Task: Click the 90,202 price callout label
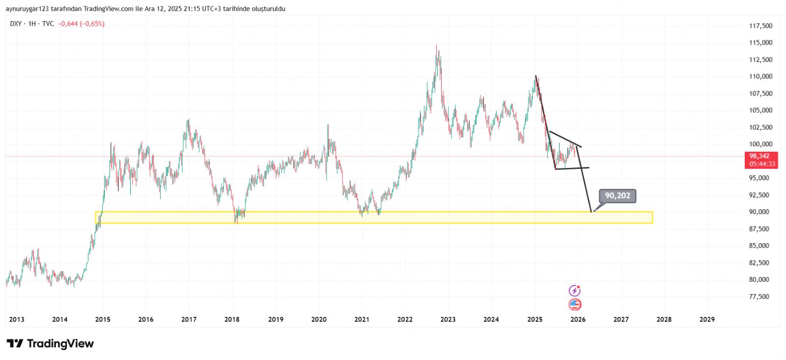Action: tap(618, 196)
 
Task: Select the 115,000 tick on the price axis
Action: tap(760, 43)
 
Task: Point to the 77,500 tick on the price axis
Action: tap(759, 297)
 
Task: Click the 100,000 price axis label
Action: tap(760, 144)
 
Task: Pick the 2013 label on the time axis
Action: tap(16, 319)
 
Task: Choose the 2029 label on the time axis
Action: tap(707, 319)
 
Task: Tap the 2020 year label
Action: tap(319, 319)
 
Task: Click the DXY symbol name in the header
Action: tap(16, 24)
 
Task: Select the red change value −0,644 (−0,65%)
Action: tap(81, 24)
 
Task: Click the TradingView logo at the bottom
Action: tap(50, 343)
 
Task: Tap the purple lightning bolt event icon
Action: tap(574, 291)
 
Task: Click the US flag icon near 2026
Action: tap(575, 305)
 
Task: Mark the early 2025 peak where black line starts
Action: tap(535, 76)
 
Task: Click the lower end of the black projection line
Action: tap(591, 212)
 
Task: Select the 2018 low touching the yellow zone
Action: tap(237, 222)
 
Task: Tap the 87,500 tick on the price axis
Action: tap(759, 229)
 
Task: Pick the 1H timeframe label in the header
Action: tap(32, 24)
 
